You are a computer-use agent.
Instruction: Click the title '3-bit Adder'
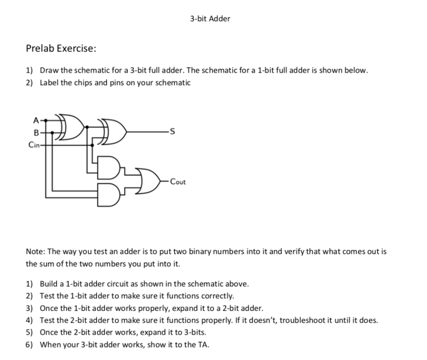210,19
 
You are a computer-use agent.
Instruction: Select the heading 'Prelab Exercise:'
61,48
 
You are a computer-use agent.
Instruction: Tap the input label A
36,121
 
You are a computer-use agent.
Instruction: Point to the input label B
36,133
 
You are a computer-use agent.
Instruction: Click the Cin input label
34,145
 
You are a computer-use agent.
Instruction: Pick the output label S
168,133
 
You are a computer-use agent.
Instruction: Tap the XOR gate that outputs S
113,133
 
